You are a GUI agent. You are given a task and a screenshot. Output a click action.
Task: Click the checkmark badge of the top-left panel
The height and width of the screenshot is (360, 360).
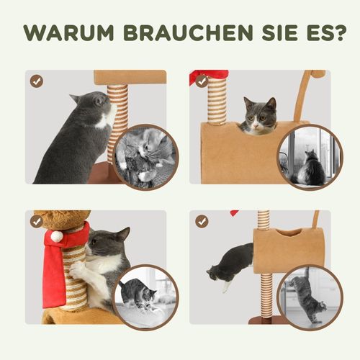click(x=36, y=81)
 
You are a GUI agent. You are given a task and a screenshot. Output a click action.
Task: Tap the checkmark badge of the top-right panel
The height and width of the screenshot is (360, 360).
click(x=202, y=81)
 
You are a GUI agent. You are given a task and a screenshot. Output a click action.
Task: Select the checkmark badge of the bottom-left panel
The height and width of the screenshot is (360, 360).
click(x=36, y=221)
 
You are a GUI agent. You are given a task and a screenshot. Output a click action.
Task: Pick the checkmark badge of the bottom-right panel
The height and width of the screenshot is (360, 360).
click(x=202, y=221)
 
